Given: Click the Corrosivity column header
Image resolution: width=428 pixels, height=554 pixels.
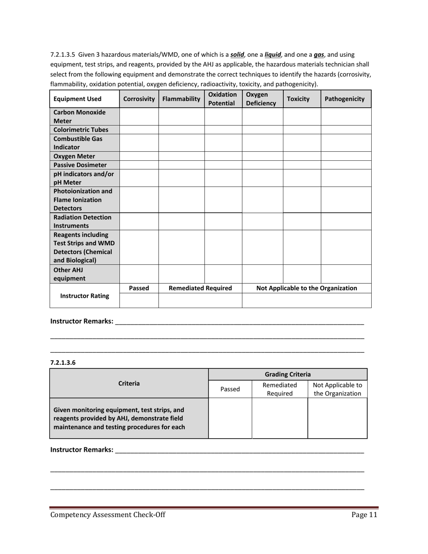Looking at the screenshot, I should coord(139,99).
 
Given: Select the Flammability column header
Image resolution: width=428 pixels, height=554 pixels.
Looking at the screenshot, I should coord(181,99).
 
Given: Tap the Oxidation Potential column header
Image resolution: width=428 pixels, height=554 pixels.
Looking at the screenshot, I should coord(223,99).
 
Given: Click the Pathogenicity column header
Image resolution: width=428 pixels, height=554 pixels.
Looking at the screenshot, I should coord(345,99).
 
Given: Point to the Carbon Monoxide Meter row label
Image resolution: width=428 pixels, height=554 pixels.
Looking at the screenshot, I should coord(80,117).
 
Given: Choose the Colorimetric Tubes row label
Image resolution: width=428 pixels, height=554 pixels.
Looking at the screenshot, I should coord(81,130).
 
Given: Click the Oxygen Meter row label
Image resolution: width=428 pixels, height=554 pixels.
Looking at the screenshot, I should coord(74,156).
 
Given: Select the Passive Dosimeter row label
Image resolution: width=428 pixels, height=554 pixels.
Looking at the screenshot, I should coord(80,165).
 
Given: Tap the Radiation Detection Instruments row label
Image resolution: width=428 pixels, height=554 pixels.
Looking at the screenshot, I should coord(82,222).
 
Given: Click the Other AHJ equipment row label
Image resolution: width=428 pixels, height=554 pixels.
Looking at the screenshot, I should coord(69,274).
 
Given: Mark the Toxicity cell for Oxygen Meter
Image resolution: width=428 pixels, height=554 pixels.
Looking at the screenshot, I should coord(301,156).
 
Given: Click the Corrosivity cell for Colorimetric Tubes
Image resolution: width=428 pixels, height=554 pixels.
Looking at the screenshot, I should coord(139,130).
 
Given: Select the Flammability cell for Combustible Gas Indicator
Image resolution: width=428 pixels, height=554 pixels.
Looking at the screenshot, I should coord(181,143).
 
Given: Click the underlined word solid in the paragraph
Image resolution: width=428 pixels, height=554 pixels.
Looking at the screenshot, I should coord(237,55).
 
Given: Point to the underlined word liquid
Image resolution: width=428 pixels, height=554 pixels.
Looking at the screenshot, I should coord(273,55).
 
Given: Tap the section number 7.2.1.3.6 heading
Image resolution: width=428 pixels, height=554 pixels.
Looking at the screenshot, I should coord(63,362).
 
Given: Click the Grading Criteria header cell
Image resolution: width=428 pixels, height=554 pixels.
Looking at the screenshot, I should coord(287,374).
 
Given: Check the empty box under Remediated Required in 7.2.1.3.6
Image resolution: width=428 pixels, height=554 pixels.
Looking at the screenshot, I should coord(279,418).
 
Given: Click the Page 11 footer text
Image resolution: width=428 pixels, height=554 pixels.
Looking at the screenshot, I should coord(364,515).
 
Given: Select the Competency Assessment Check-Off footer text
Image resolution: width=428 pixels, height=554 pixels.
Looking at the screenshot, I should coord(108,515).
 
